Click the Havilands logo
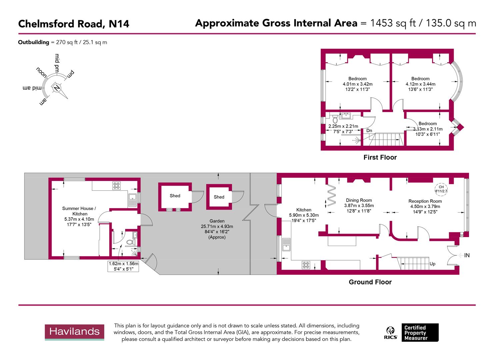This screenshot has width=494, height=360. [74, 332]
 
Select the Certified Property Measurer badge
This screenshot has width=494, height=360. [420, 332]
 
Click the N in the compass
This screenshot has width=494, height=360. [57, 88]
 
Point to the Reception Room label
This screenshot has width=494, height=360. [425, 201]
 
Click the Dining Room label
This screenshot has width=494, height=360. [359, 200]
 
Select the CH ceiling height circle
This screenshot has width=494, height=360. [441, 189]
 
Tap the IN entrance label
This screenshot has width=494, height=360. [467, 255]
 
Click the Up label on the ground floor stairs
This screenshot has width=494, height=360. [432, 264]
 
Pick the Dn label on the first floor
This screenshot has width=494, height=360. [369, 131]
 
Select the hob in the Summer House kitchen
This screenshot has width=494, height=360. [117, 185]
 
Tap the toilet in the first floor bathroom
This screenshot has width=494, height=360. [335, 119]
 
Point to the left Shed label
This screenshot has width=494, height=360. [175, 196]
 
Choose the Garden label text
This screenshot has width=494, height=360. [217, 221]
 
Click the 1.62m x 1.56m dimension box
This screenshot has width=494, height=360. [123, 266]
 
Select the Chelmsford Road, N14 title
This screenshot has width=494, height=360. [73, 24]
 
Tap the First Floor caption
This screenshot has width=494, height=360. [380, 157]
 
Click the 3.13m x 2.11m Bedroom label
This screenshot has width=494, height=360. [428, 123]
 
